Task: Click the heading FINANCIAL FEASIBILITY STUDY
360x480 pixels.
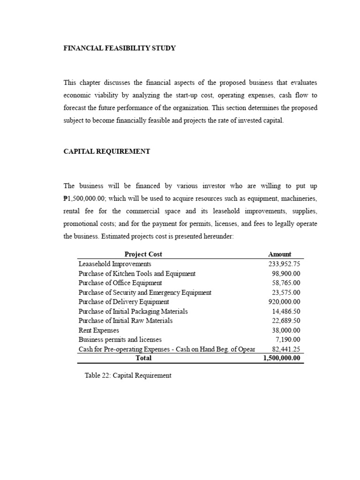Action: click(x=120, y=48)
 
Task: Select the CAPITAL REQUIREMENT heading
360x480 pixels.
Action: click(x=107, y=151)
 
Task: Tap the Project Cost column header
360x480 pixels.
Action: click(x=143, y=254)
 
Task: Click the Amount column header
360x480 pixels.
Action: click(x=279, y=254)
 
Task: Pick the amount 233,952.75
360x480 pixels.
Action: click(x=283, y=264)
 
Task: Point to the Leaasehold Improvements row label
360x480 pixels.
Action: click(x=115, y=264)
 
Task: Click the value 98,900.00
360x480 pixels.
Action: click(x=286, y=273)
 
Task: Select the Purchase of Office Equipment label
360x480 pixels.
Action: click(x=120, y=283)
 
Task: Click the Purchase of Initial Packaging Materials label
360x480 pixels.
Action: click(x=133, y=311)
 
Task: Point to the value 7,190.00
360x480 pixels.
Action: click(x=288, y=339)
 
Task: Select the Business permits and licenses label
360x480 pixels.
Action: click(x=120, y=339)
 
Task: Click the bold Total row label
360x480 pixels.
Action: click(x=143, y=358)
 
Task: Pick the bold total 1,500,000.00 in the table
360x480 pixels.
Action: click(x=282, y=358)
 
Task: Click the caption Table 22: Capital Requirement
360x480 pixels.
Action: click(x=128, y=375)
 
